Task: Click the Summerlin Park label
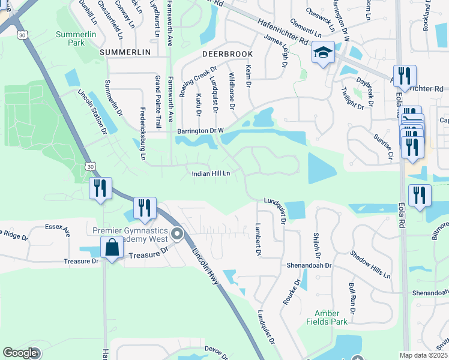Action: click(x=76, y=38)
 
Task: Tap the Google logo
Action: click(x=20, y=353)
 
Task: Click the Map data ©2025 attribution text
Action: click(x=423, y=355)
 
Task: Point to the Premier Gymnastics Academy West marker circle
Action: click(x=176, y=233)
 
